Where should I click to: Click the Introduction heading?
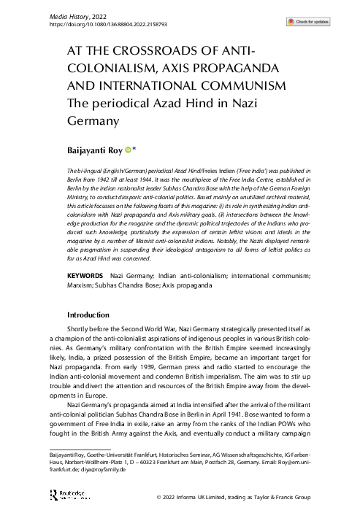tap(88, 315)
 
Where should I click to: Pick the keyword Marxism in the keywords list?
tap(61, 287)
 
